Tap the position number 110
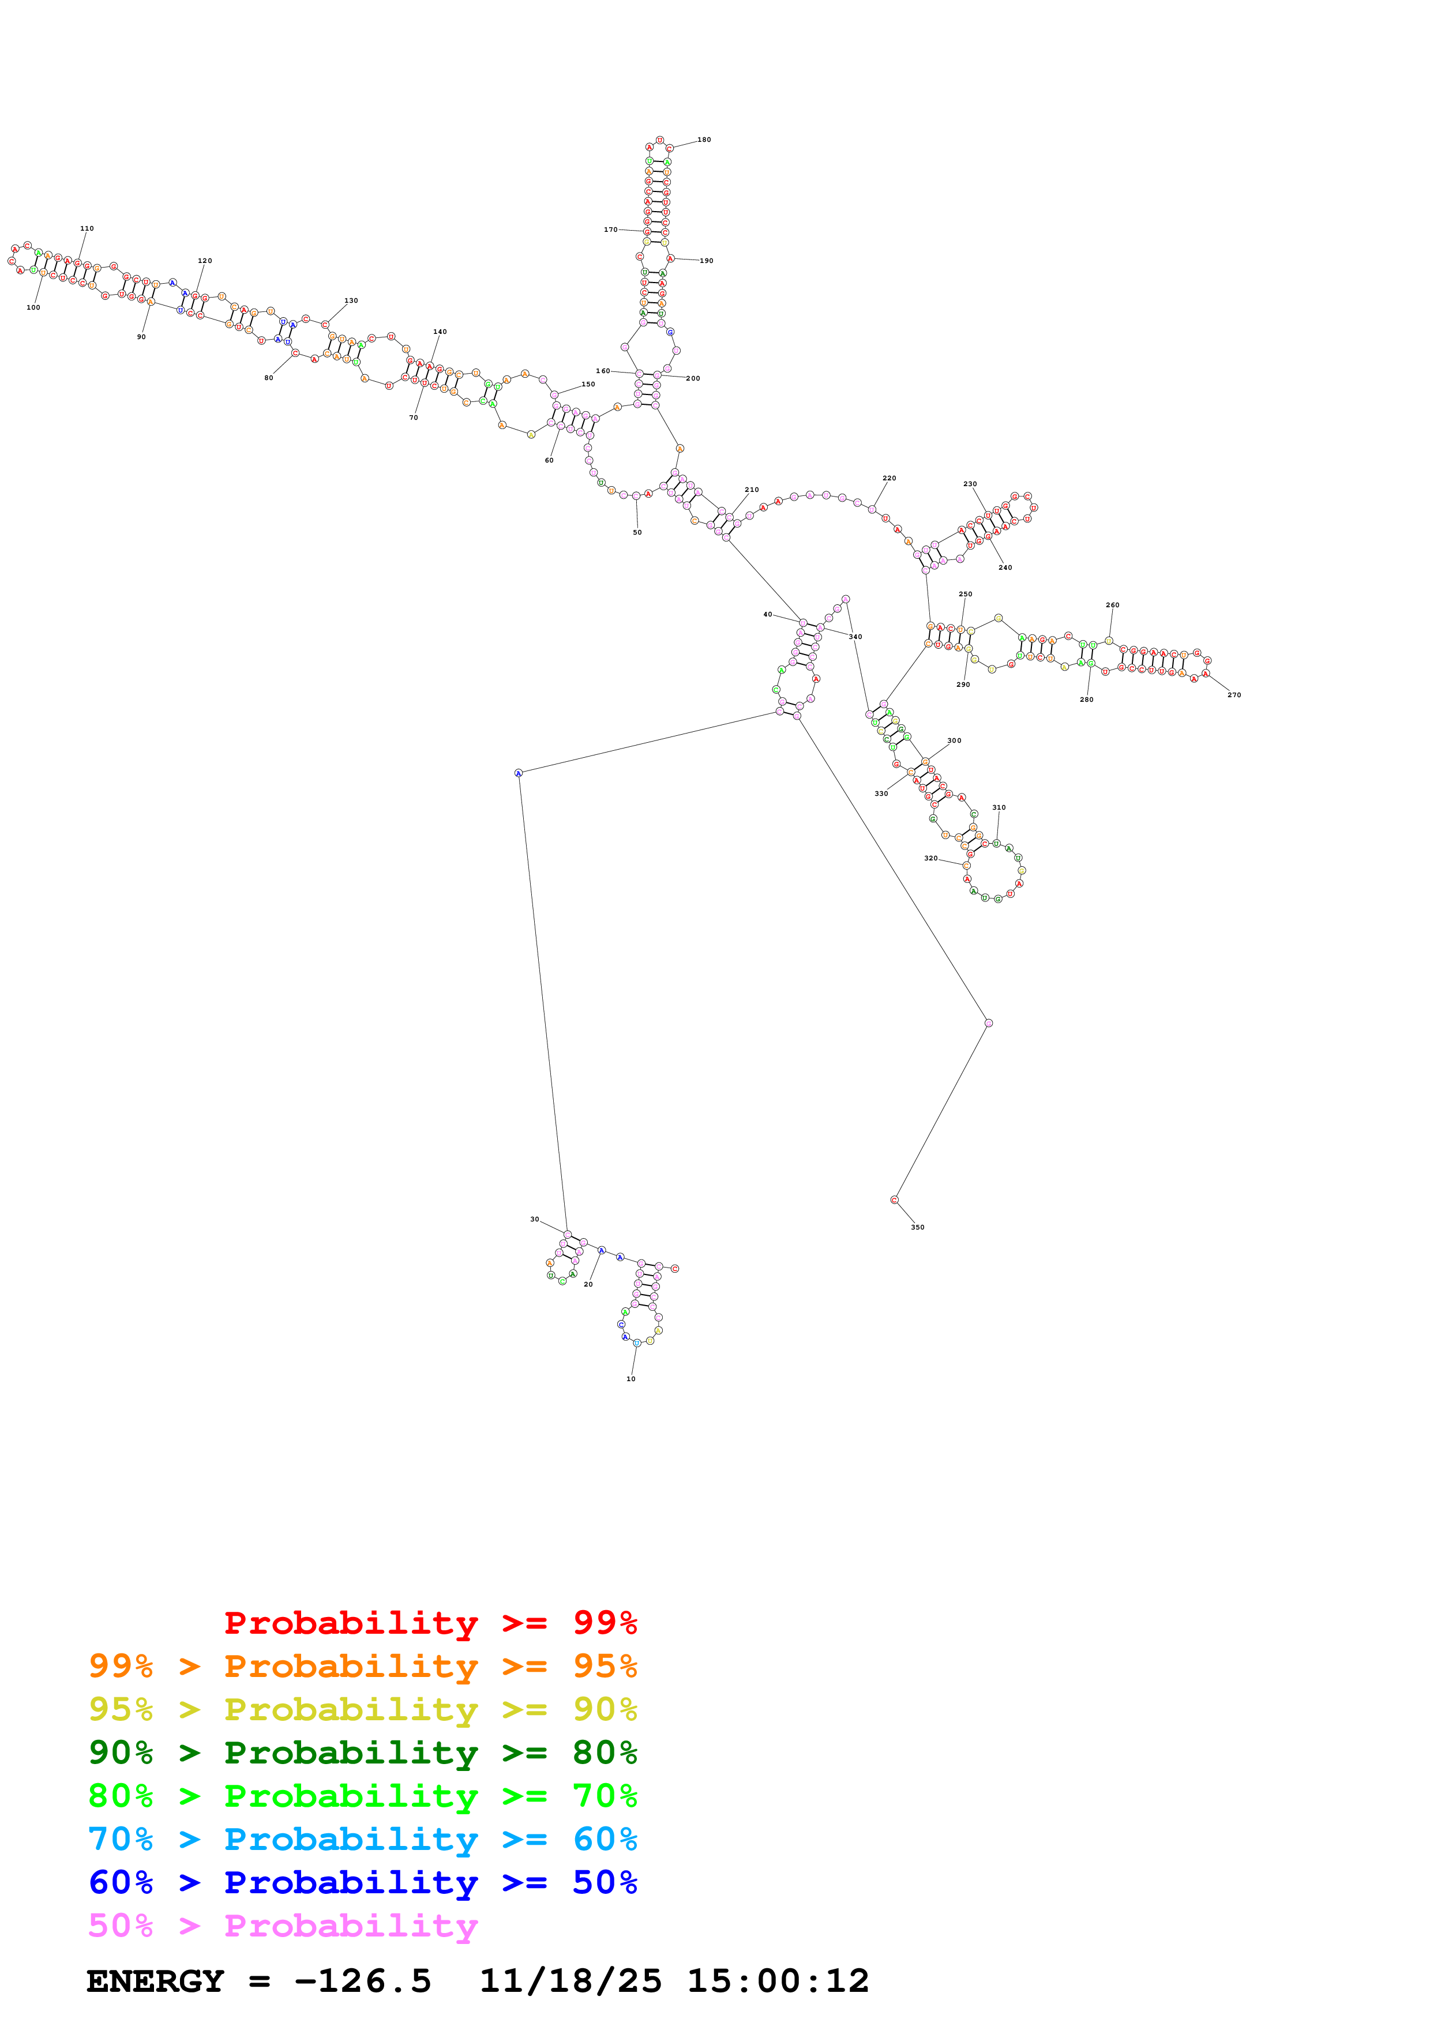pyautogui.click(x=87, y=229)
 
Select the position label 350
pyautogui.click(x=917, y=1227)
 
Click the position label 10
pyautogui.click(x=631, y=1379)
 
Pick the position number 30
pyautogui.click(x=534, y=1220)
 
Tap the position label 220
pyautogui.click(x=889, y=479)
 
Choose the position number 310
pyautogui.click(x=999, y=807)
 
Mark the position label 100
pyautogui.click(x=33, y=307)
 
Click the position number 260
pyautogui.click(x=1112, y=606)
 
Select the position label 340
pyautogui.click(x=855, y=636)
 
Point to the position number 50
pyautogui.click(x=637, y=532)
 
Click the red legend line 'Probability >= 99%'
pyautogui.click(x=430, y=1623)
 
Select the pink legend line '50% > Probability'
pyautogui.click(x=283, y=1926)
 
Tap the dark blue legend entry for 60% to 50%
pyautogui.click(x=362, y=1883)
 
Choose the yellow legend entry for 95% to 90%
pyautogui.click(x=362, y=1709)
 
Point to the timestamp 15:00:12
pyautogui.click(x=777, y=1981)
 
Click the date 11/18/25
pyautogui.click(x=570, y=1981)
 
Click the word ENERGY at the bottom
pyautogui.click(x=155, y=1981)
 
